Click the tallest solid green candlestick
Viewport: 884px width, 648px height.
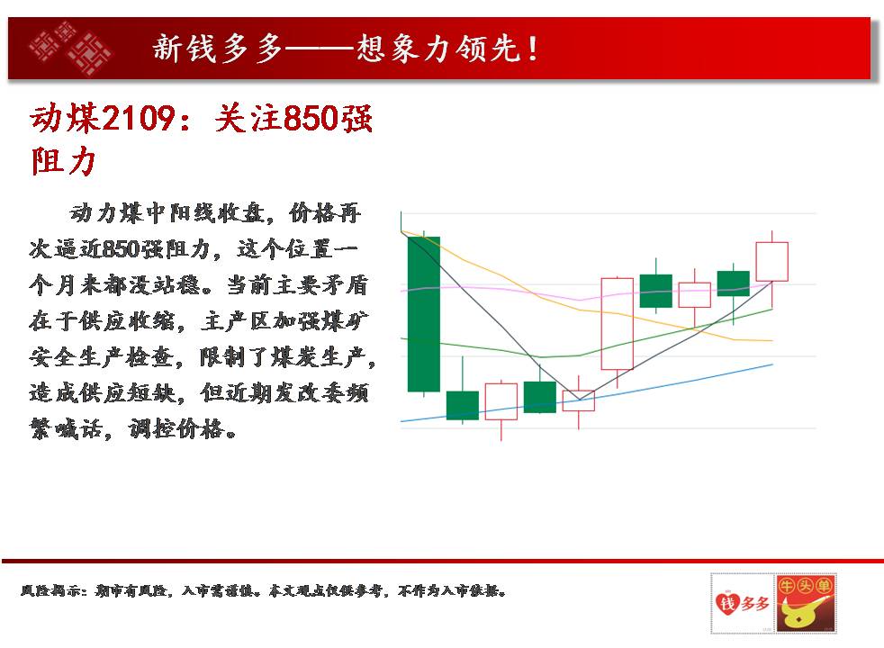423,314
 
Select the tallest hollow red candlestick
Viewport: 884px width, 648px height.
618,323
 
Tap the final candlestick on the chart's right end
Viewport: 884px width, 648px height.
771,262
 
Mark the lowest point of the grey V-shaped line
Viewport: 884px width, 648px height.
579,400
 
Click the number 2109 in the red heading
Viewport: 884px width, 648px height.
139,118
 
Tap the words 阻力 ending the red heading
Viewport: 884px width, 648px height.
63,162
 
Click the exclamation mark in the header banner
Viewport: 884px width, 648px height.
532,48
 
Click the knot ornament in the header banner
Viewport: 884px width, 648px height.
70,48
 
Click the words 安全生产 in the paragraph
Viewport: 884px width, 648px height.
77,356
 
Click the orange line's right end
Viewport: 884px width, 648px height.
772,341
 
